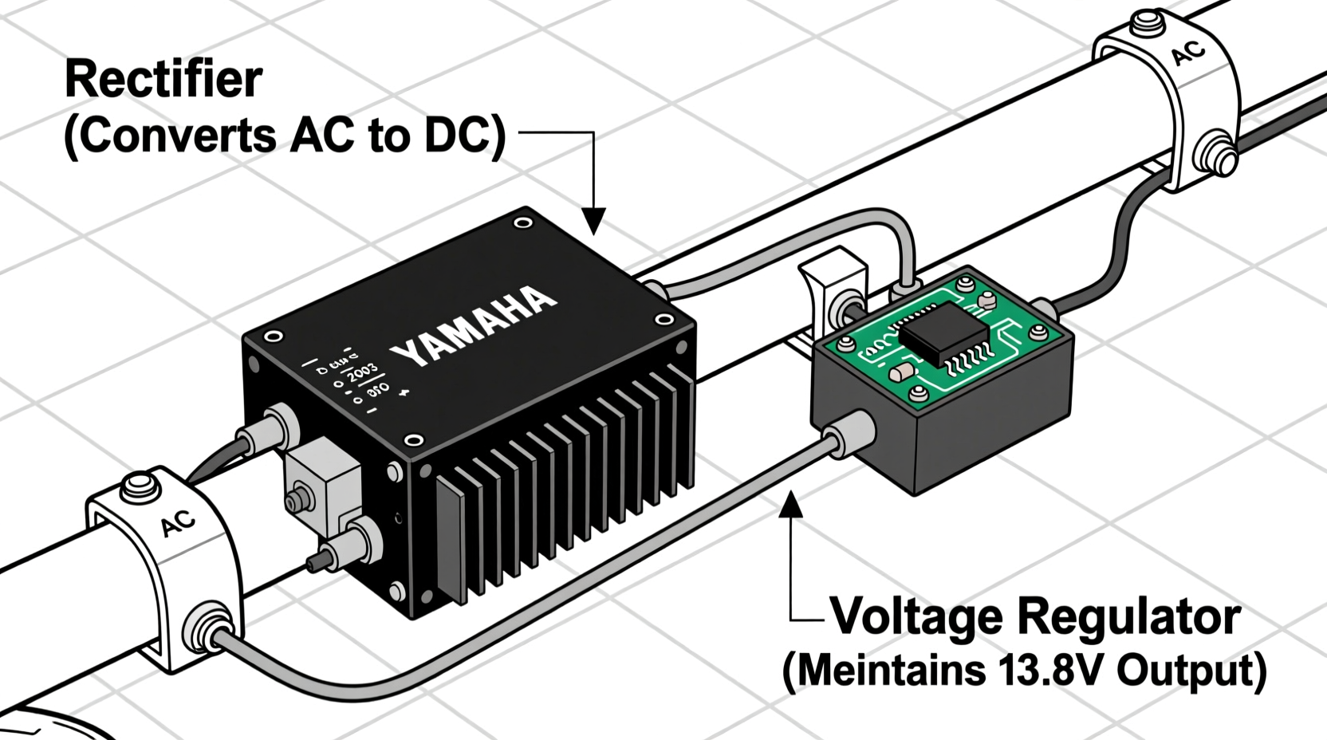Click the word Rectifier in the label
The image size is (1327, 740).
(x=163, y=80)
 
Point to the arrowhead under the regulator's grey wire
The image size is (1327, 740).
(x=790, y=504)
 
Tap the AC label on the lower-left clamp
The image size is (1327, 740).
(x=178, y=524)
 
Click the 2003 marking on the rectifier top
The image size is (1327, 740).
(x=363, y=371)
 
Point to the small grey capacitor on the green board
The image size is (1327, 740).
(x=902, y=372)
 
